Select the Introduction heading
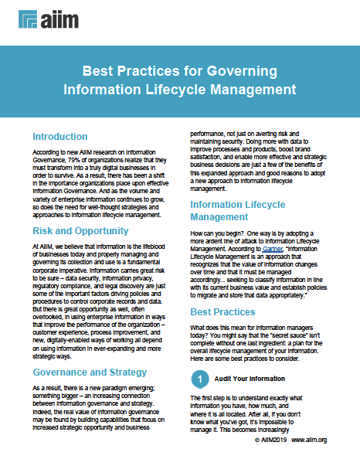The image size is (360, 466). click(60, 136)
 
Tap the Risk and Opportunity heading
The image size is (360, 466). click(81, 230)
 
